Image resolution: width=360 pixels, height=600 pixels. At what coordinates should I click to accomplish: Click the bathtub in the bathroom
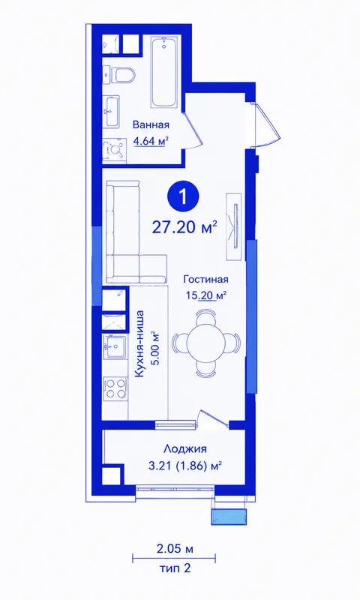pyautogui.click(x=164, y=72)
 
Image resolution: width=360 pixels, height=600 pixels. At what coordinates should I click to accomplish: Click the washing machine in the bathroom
pyautogui.click(x=114, y=151)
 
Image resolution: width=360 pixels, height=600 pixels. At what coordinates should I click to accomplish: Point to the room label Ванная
pyautogui.click(x=151, y=124)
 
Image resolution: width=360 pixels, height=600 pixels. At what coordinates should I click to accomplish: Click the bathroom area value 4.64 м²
pyautogui.click(x=151, y=141)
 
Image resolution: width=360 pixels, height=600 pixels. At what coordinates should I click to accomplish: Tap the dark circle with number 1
pyautogui.click(x=183, y=197)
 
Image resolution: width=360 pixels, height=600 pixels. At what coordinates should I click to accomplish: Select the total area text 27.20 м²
pyautogui.click(x=184, y=227)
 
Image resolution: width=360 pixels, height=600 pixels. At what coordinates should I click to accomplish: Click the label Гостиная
pyautogui.click(x=205, y=280)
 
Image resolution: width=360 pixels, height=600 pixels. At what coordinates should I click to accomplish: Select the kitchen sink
pyautogui.click(x=115, y=346)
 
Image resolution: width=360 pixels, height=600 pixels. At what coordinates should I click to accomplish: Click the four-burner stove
pyautogui.click(x=115, y=388)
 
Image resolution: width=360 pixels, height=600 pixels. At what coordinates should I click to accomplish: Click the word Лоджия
pyautogui.click(x=184, y=448)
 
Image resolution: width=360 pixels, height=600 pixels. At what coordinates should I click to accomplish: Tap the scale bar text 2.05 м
pyautogui.click(x=175, y=550)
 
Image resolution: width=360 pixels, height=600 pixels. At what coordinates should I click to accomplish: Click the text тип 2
pyautogui.click(x=175, y=568)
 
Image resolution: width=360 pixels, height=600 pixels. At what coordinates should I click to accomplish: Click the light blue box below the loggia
pyautogui.click(x=229, y=517)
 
